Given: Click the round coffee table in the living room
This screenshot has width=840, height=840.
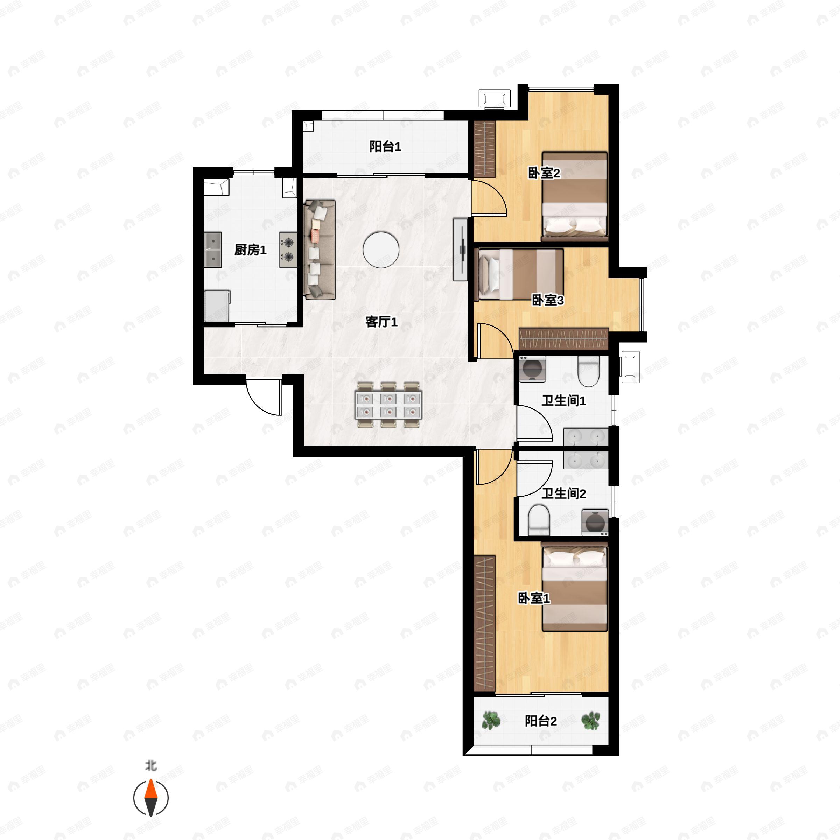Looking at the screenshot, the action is pyautogui.click(x=381, y=250).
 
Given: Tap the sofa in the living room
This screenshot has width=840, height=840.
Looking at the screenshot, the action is pyautogui.click(x=320, y=250).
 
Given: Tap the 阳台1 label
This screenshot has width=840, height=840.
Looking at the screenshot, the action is pyautogui.click(x=385, y=147).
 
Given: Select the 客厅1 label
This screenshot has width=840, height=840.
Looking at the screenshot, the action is pyautogui.click(x=381, y=322).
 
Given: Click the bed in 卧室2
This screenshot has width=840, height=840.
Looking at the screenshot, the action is pyautogui.click(x=574, y=196).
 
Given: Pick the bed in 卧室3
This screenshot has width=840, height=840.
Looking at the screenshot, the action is pyautogui.click(x=520, y=274).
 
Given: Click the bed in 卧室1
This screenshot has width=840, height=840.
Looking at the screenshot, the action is pyautogui.click(x=574, y=587).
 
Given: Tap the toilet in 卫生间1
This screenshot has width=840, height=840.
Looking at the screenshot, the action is pyautogui.click(x=589, y=371).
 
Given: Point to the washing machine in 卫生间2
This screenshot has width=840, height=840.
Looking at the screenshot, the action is pyautogui.click(x=595, y=522).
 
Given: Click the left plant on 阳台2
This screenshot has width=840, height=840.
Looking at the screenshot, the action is pyautogui.click(x=491, y=720).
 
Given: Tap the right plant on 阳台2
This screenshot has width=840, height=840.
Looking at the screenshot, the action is pyautogui.click(x=591, y=720).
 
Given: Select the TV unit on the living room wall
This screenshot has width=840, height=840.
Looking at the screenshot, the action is pyautogui.click(x=461, y=250).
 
